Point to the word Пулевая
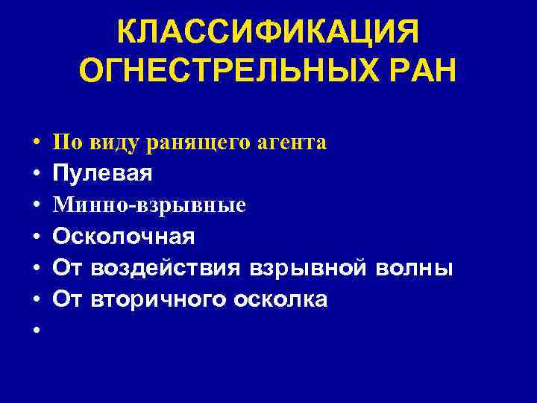tap(102, 174)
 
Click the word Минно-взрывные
tap(149, 205)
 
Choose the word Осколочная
tap(124, 237)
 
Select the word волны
tap(412, 268)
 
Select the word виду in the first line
tap(107, 143)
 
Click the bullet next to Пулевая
tap(36, 174)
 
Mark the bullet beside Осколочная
tap(36, 237)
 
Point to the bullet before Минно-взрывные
tap(36, 205)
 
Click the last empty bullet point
tap(36, 331)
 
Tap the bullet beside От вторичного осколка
tap(36, 299)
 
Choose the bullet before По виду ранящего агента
tap(36, 143)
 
